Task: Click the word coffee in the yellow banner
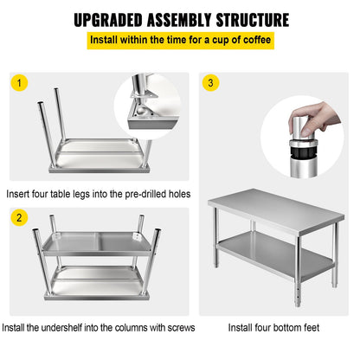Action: coord(250,41)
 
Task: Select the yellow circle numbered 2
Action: coord(18,218)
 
